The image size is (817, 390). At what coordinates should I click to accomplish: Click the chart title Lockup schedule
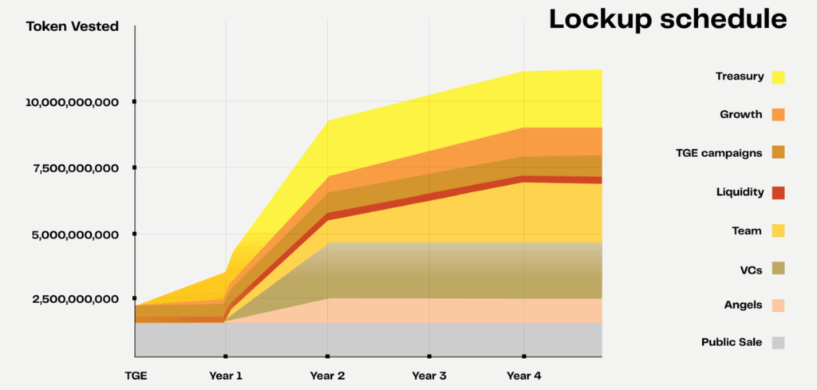(x=667, y=20)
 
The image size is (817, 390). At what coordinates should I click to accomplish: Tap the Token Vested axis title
(x=73, y=27)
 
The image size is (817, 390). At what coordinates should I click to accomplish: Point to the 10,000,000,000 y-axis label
(x=73, y=102)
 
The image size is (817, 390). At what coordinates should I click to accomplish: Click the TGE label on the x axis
(x=135, y=374)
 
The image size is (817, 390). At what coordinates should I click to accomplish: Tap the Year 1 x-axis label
(x=226, y=374)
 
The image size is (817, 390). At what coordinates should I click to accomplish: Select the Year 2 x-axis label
(x=327, y=374)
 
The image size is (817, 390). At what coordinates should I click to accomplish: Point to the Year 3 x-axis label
(x=429, y=374)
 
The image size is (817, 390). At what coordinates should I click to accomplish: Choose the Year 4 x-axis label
(x=523, y=374)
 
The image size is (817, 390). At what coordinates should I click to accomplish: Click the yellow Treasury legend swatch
(x=778, y=77)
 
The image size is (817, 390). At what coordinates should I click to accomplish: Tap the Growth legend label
(x=740, y=115)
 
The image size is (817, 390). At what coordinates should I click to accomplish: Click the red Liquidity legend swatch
(x=778, y=192)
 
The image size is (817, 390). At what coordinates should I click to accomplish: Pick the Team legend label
(x=748, y=230)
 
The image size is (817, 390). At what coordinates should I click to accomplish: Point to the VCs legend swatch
(x=778, y=268)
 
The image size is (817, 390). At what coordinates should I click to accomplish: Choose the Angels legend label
(x=743, y=305)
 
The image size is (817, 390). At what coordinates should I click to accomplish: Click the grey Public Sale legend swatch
(x=778, y=343)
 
